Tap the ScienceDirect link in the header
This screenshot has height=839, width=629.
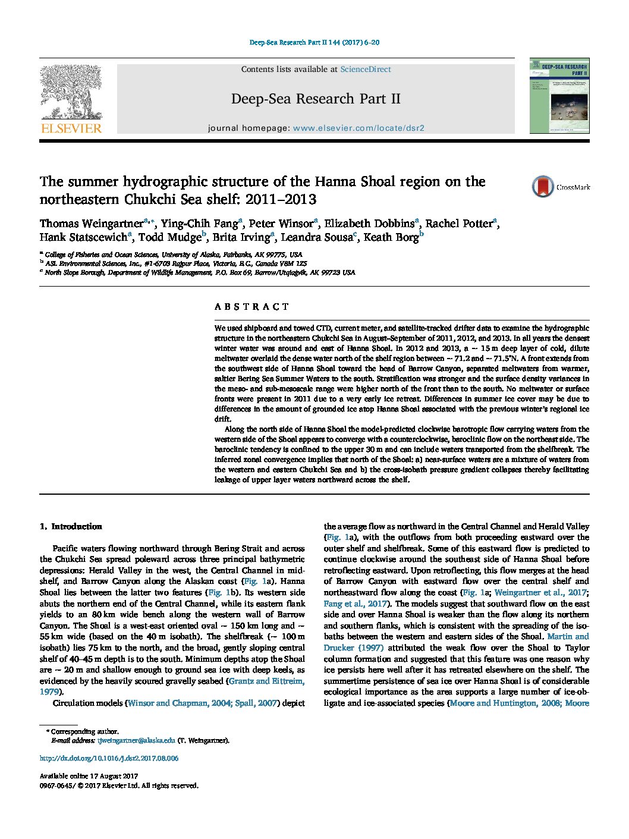coord(365,70)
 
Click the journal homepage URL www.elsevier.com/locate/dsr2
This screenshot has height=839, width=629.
coord(358,128)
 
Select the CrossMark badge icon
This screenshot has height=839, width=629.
coord(542,187)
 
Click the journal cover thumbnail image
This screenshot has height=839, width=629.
coord(559,96)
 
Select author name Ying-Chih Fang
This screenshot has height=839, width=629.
coord(199,224)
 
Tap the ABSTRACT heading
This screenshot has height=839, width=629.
coord(251,307)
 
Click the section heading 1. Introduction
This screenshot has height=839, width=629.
coord(71,526)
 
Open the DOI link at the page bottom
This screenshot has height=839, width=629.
coord(109,758)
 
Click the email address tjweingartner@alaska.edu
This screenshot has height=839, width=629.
coord(136,740)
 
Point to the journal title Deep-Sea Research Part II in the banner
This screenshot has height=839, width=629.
coord(315,99)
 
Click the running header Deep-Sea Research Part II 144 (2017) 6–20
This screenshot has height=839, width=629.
coord(314,43)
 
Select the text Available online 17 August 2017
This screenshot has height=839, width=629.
coord(89,776)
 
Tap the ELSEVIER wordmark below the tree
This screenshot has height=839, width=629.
coord(71,128)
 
